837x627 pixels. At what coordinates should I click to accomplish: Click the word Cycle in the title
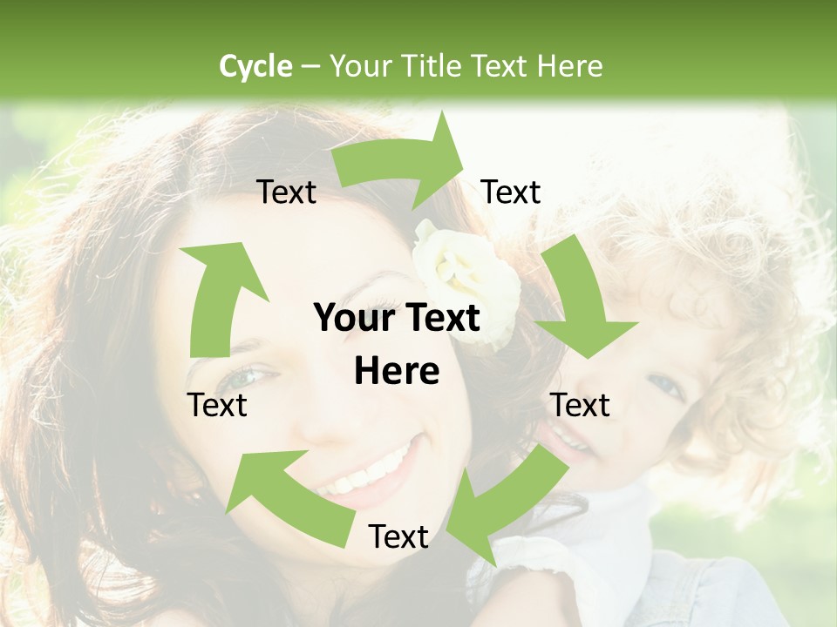click(255, 66)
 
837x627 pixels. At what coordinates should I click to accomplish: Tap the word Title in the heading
click(431, 66)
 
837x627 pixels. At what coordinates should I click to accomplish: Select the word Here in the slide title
click(568, 66)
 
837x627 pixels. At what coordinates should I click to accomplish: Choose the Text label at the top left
click(287, 192)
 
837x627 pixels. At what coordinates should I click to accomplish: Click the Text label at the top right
click(511, 192)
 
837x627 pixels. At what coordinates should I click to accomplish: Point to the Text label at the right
click(580, 405)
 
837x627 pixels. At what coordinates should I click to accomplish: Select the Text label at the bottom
click(398, 537)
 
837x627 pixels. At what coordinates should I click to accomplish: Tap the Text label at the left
click(218, 405)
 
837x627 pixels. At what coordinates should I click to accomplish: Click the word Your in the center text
click(352, 318)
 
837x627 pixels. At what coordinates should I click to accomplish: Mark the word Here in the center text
click(397, 372)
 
